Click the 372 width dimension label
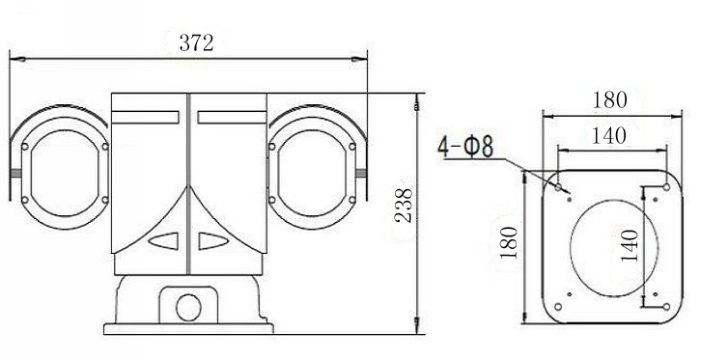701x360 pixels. click(196, 42)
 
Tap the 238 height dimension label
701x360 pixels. click(404, 205)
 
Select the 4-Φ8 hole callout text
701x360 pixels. click(465, 147)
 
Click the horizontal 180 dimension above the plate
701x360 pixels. click(609, 100)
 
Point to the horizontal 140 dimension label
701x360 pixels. click(608, 135)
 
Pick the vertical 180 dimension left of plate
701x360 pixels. click(509, 242)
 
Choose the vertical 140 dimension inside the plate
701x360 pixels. click(630, 246)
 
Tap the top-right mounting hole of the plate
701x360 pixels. click(666, 187)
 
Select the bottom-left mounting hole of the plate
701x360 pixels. click(558, 306)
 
